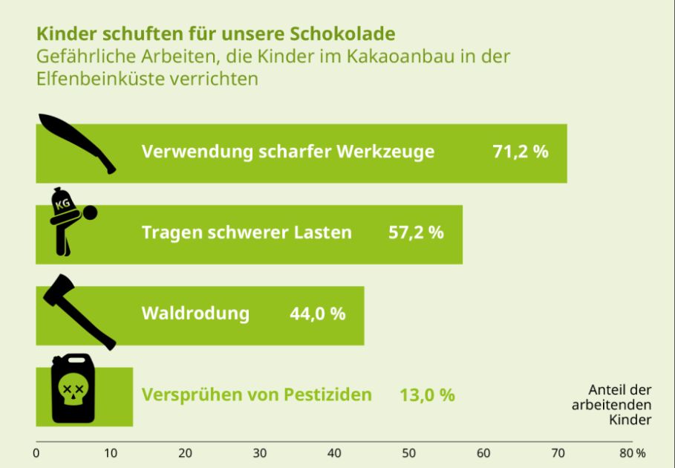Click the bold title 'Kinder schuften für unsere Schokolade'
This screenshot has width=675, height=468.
click(215, 34)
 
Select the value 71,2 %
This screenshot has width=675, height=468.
click(520, 152)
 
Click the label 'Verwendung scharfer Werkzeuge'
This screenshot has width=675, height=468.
click(288, 152)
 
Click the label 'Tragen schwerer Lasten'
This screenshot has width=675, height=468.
click(247, 233)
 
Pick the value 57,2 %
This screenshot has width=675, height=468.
click(416, 233)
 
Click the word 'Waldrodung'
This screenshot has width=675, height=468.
click(195, 313)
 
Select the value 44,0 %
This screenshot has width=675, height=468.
click(317, 313)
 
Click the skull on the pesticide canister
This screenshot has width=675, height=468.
click(72, 394)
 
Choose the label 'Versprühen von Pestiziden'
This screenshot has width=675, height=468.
click(256, 394)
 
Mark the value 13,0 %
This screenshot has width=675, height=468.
click(427, 394)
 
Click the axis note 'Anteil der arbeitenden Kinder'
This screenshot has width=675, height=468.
click(611, 405)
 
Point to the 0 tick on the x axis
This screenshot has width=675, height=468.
click(36, 453)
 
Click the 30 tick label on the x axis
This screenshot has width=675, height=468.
click(260, 453)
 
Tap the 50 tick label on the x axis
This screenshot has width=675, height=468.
click(409, 453)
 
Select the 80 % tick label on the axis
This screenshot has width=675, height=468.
click(633, 453)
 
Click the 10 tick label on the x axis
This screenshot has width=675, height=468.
click(111, 453)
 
